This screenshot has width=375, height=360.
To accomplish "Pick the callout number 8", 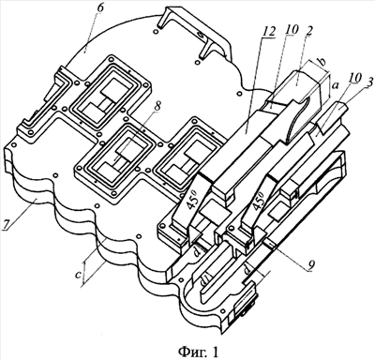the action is click(157, 106).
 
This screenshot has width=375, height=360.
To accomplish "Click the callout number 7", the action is click(6, 224).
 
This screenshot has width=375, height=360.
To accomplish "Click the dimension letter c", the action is click(81, 276).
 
